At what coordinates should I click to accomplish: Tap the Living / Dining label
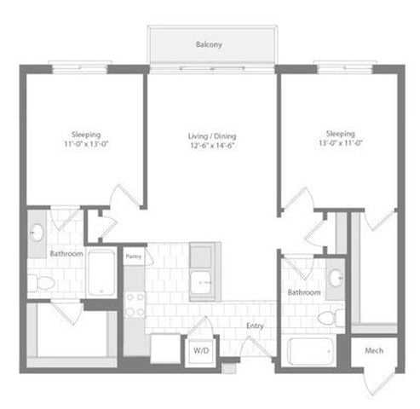[212, 136]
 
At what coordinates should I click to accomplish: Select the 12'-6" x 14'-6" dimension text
[212, 146]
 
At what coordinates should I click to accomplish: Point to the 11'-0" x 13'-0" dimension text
[85, 144]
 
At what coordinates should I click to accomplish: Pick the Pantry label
[134, 255]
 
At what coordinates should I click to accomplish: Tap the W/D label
[201, 350]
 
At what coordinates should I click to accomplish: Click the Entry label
[255, 325]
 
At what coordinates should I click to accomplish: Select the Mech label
[374, 350]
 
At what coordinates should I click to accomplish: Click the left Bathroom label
[65, 254]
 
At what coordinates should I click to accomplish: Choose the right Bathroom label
[304, 292]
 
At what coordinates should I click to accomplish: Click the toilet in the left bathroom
[43, 282]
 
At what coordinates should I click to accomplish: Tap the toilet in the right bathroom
[328, 318]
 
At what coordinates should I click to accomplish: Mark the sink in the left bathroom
[38, 233]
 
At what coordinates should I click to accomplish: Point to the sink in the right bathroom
[336, 277]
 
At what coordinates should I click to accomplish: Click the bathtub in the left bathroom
[101, 272]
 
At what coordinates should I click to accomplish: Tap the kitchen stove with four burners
[135, 303]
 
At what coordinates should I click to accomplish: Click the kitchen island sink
[203, 281]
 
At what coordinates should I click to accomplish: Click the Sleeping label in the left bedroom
[85, 134]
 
